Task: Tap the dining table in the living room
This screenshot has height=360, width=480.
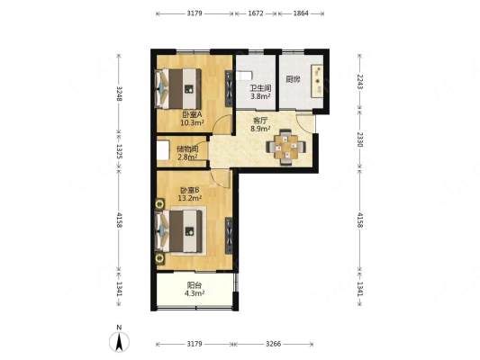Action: point(285,147)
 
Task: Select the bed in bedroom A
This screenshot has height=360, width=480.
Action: point(178,88)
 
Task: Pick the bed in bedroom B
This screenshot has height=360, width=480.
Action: point(180,231)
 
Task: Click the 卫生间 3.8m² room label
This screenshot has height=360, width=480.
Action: point(260,93)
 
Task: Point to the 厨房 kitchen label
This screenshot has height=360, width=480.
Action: point(293,79)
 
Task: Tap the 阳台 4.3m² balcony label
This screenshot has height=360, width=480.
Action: point(195,289)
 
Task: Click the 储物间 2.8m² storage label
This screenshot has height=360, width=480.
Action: point(187,153)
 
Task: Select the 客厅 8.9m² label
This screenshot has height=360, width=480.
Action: point(260,124)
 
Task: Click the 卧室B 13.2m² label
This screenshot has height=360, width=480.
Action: point(190,193)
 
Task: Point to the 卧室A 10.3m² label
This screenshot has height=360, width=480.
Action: point(192,119)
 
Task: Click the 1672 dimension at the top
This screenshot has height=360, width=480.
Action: point(256,13)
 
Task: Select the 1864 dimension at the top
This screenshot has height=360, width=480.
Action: point(301,13)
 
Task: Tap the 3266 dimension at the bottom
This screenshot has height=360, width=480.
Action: point(273,344)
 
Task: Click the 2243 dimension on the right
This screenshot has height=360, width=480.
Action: point(360,82)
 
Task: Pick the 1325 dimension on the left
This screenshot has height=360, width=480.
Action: point(119,152)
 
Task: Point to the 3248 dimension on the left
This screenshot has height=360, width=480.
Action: point(119,94)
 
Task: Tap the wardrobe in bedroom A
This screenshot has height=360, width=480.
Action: point(229,88)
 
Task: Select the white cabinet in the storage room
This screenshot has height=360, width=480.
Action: point(163,150)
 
